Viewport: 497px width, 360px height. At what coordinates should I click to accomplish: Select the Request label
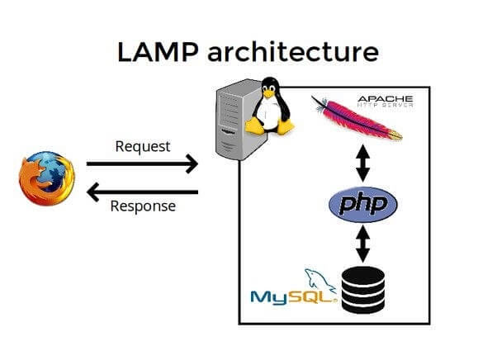pos(143,146)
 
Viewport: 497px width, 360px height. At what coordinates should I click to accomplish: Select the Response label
pos(143,206)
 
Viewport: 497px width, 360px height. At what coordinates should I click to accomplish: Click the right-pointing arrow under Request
pos(143,163)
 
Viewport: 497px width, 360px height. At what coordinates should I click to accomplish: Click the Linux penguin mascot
pos(270,107)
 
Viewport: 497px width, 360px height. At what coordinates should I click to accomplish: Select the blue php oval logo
pos(362,203)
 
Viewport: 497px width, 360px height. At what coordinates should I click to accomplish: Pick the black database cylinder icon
pos(363,288)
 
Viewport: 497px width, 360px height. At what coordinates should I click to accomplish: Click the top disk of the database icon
pos(363,272)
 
